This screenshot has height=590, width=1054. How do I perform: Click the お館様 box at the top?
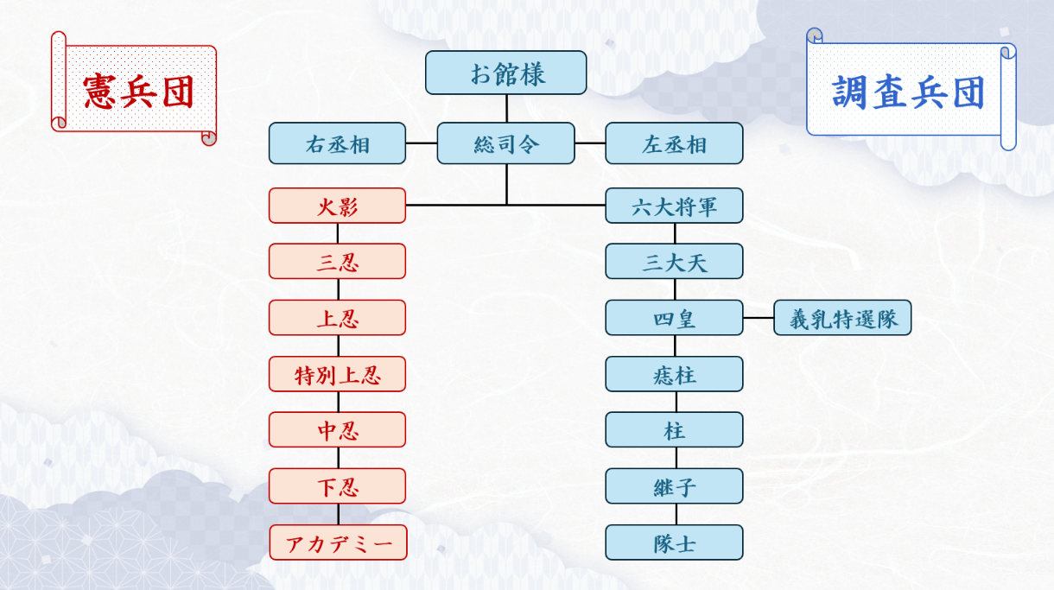click(505, 73)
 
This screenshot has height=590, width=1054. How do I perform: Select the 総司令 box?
click(505, 143)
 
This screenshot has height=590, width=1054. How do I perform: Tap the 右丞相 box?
click(337, 143)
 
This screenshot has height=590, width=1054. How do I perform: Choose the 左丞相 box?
click(674, 143)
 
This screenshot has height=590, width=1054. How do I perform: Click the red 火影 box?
click(337, 206)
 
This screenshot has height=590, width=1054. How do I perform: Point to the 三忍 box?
click(337, 262)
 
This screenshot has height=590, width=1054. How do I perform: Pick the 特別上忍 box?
click(337, 374)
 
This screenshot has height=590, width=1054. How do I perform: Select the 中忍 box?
click(337, 430)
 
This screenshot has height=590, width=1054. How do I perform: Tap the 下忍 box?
click(337, 486)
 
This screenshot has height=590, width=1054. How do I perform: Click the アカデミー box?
click(338, 542)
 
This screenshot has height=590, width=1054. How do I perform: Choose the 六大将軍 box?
click(674, 206)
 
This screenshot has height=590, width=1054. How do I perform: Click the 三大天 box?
click(674, 262)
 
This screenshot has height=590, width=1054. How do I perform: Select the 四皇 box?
click(674, 318)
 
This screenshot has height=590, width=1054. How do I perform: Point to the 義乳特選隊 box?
click(842, 318)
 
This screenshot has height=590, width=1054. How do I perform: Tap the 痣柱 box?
click(674, 374)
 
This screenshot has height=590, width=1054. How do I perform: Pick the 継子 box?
click(674, 486)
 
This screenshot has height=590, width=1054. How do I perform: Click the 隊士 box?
click(674, 542)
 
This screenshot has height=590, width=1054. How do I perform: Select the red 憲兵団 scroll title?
click(137, 89)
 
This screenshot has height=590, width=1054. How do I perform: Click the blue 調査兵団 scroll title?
click(909, 91)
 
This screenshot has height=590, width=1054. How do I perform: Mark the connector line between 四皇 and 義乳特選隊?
click(758, 318)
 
